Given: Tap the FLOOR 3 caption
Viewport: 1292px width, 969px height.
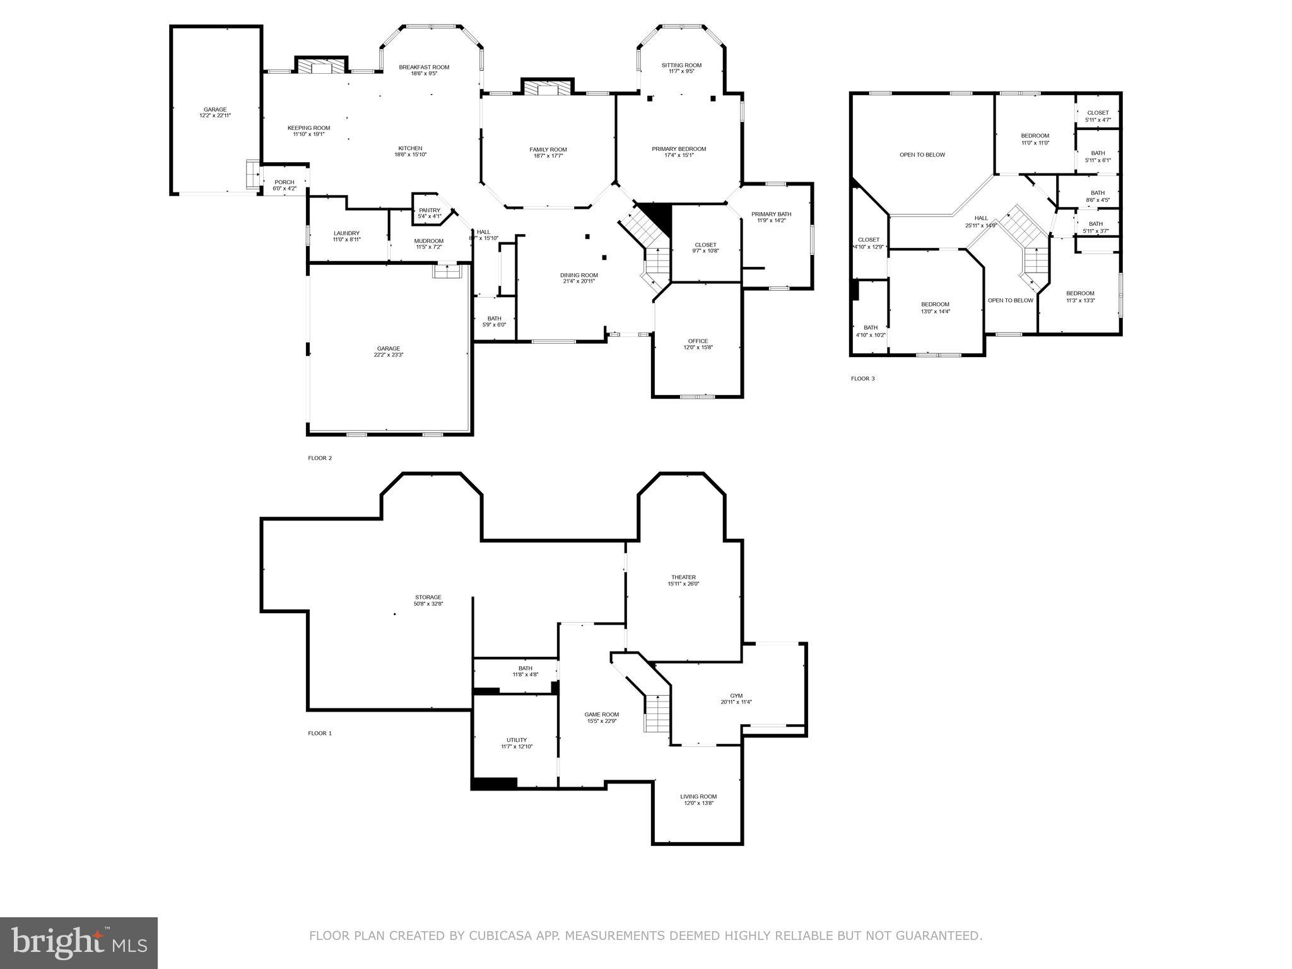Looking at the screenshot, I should (x=862, y=379).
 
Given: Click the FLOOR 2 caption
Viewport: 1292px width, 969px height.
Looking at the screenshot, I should (x=320, y=458).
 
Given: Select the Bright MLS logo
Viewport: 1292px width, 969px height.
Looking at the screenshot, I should (x=79, y=943).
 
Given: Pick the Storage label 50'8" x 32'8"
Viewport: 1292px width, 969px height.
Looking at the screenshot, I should (x=428, y=601).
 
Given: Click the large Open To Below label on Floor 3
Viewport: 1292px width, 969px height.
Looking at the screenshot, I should (x=922, y=155).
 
